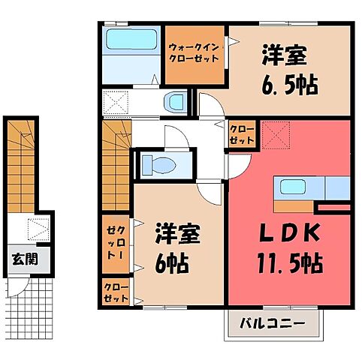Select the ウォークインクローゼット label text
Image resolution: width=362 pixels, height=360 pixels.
(195, 55)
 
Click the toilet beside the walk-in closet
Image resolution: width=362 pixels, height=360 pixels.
(176, 101)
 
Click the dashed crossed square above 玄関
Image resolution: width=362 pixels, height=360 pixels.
(37, 228)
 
